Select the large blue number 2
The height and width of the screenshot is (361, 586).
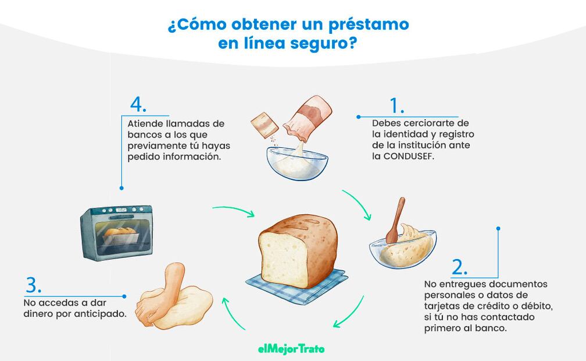coord(458,267)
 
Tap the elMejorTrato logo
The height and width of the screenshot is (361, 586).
coord(291,349)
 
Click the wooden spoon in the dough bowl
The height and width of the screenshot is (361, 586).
coord(395,220)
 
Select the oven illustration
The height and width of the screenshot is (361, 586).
coord(117,232)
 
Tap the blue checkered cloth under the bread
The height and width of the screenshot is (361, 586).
coord(297,286)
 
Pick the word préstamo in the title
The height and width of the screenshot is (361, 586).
coord(369,24)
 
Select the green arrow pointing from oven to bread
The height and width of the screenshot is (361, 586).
coord(233,210)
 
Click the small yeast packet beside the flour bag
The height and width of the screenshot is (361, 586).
coord(265,125)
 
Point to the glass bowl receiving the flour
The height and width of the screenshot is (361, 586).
coord(297,163)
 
